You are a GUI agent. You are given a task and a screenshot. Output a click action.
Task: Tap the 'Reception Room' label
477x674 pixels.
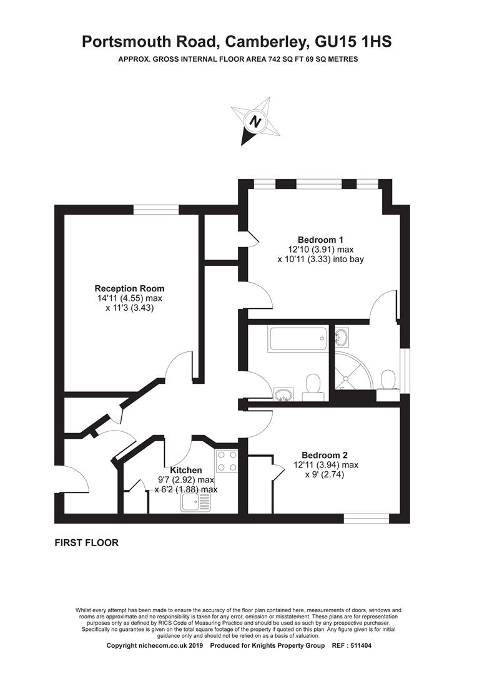pos(129,288)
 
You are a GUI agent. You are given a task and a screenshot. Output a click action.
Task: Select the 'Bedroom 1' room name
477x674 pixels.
pos(320,240)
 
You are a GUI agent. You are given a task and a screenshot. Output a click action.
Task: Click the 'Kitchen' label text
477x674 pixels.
pos(186,470)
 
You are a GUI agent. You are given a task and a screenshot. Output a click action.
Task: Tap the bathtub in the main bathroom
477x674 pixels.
pos(297,339)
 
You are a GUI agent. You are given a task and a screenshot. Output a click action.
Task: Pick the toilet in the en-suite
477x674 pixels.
pos(387,381)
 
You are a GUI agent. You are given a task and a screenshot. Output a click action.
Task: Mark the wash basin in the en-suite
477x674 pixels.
pos(342,338)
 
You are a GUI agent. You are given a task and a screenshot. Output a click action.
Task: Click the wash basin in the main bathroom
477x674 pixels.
pos(284,394)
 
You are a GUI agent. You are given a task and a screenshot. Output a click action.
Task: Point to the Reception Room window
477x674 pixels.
pos(154,210)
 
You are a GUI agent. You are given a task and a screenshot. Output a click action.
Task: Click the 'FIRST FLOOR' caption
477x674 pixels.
pos(86,543)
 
